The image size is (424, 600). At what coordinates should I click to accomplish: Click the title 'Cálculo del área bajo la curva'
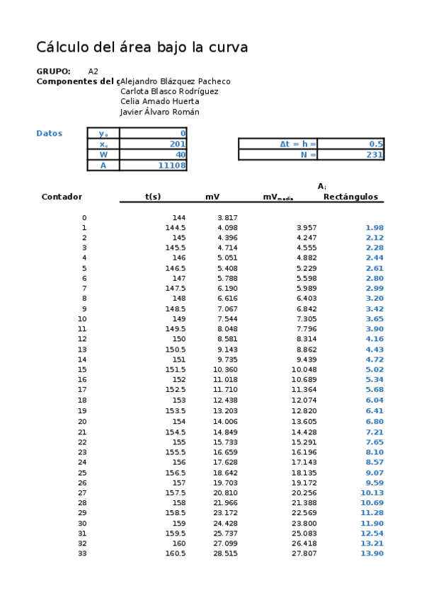(x=142, y=48)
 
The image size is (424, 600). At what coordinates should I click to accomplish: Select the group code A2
(x=93, y=71)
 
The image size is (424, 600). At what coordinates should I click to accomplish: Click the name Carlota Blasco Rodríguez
(x=169, y=91)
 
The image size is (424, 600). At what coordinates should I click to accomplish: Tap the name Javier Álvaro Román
(x=160, y=112)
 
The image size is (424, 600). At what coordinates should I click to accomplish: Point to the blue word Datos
(x=50, y=133)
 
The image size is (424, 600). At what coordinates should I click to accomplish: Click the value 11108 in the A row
(x=172, y=166)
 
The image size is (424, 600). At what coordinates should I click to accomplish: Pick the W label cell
(x=103, y=154)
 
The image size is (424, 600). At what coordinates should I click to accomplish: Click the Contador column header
(x=62, y=197)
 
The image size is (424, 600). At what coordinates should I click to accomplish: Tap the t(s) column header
(x=153, y=197)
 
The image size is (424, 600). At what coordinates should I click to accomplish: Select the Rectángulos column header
(x=350, y=197)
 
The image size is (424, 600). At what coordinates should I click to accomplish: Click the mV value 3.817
(x=227, y=218)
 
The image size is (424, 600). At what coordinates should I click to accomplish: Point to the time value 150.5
(x=176, y=350)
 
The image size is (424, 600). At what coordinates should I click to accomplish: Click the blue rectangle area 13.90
(x=372, y=553)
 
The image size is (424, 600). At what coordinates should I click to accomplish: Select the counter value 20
(x=82, y=422)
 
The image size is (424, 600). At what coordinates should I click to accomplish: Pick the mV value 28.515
(x=225, y=553)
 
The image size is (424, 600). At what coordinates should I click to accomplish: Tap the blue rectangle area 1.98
(x=374, y=228)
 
